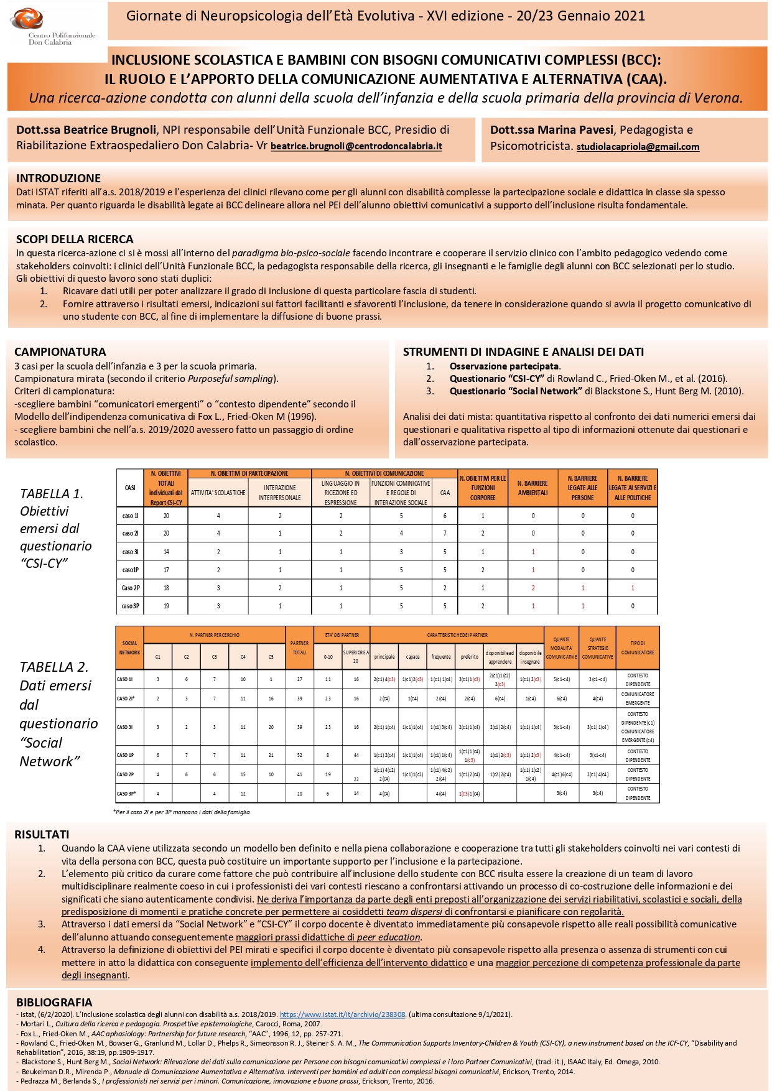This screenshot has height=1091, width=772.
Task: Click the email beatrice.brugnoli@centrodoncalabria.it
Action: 356,147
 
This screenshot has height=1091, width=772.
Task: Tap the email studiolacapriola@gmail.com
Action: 638,147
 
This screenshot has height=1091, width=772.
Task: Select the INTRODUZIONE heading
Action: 58,178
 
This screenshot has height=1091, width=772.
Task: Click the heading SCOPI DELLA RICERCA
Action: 75,239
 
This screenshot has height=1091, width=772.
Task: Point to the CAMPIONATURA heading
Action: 60,351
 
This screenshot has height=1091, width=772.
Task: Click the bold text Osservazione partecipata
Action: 505,366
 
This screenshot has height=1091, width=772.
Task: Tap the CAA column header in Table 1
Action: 445,493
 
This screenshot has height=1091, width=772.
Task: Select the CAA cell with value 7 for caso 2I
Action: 445,533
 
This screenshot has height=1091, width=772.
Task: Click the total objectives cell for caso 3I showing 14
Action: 166,552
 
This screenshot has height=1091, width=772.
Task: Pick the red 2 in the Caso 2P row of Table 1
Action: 533,588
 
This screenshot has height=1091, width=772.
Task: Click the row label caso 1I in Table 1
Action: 131,516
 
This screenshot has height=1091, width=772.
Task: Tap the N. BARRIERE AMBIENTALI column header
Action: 532,488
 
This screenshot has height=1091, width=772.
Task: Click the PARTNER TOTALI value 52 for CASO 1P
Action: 299,755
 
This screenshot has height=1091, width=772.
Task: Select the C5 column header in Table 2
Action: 271,657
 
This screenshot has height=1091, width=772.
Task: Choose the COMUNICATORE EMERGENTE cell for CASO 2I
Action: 638,699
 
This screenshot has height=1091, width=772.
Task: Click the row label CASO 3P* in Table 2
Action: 126,794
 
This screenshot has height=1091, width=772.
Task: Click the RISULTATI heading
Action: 42,835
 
